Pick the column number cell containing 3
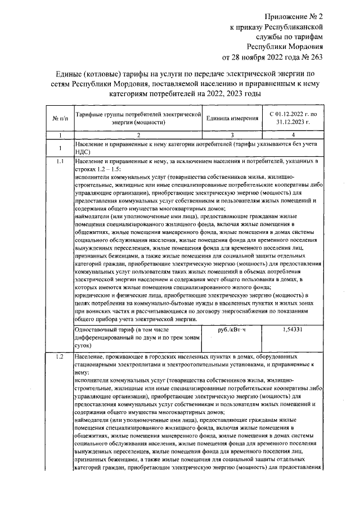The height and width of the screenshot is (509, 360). click(232, 135)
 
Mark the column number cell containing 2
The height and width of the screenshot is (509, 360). click(138, 135)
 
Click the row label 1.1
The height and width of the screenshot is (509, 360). click(60, 162)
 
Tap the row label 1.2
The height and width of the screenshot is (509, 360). click(60, 358)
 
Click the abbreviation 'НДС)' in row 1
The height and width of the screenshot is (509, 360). click(83, 151)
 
